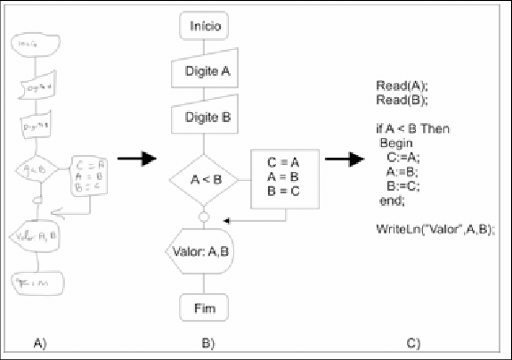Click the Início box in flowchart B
pos(207,27)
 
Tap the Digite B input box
pos(207,117)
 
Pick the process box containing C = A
pos(285,176)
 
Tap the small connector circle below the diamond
pos(206,217)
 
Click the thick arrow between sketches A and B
pos(136,160)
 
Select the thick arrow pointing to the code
pos(345,160)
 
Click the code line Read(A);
pos(402,86)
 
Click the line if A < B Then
pos(412,129)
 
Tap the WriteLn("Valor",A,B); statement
pos(435,229)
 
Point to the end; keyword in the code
pos(392,200)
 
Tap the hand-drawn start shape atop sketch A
pos(34,43)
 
